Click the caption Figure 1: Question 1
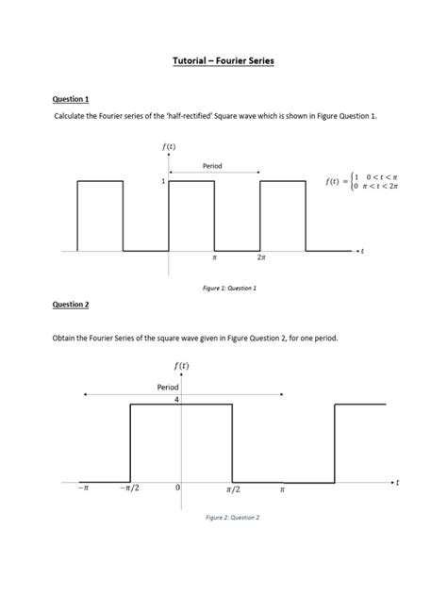223,287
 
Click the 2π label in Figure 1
259,257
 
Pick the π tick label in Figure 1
215,257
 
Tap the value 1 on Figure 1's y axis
163,181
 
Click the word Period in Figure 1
212,166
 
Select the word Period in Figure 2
168,387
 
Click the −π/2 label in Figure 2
130,489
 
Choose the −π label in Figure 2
83,489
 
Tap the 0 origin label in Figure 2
176,489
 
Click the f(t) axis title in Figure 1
169,147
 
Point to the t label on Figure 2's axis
397,483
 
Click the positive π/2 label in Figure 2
233,489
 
